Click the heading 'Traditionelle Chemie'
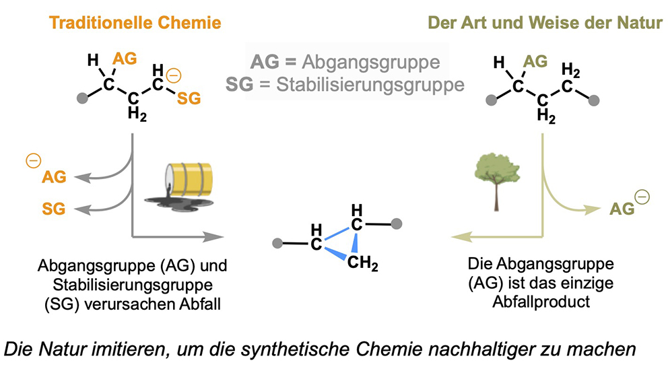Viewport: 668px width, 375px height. pos(135,23)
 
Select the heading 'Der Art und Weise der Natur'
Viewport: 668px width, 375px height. pos(545,23)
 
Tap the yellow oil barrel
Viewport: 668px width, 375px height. pos(190,179)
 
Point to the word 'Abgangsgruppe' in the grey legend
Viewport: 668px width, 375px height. pos(370,62)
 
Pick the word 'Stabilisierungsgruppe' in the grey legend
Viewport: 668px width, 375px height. pos(370,84)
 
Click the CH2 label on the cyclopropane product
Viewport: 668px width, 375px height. pos(362,263)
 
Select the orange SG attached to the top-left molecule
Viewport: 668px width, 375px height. pos(189,98)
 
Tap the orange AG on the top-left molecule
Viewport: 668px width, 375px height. pos(125,59)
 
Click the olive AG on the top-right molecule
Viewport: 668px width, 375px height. pos(535,61)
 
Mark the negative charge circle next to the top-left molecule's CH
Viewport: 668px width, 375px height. pos(173,76)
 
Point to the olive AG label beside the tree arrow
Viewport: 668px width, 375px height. pos(622,209)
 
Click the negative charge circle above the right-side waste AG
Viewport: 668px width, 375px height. pos(642,197)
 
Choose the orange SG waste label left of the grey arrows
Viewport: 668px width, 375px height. pos(54,209)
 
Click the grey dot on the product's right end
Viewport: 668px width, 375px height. pos(396,224)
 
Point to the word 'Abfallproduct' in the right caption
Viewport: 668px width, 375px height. pos(541,302)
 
